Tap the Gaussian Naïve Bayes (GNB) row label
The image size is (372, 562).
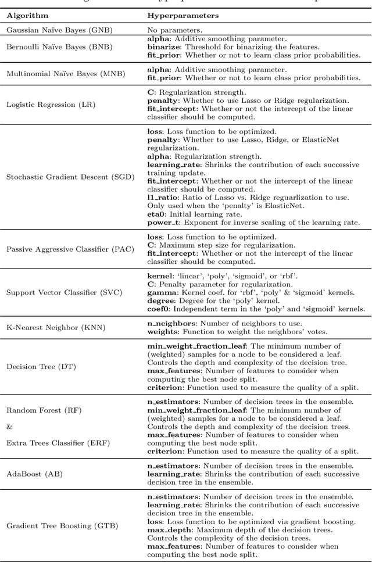point(59,30)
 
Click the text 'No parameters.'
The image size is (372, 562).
point(175,30)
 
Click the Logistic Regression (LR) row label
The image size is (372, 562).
point(51,105)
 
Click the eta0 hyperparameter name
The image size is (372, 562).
point(156,214)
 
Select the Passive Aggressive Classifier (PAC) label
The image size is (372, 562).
point(71,249)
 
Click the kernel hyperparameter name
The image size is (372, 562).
point(160,275)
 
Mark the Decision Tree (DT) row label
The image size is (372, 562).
point(41,367)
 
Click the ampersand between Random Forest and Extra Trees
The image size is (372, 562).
point(9,427)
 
